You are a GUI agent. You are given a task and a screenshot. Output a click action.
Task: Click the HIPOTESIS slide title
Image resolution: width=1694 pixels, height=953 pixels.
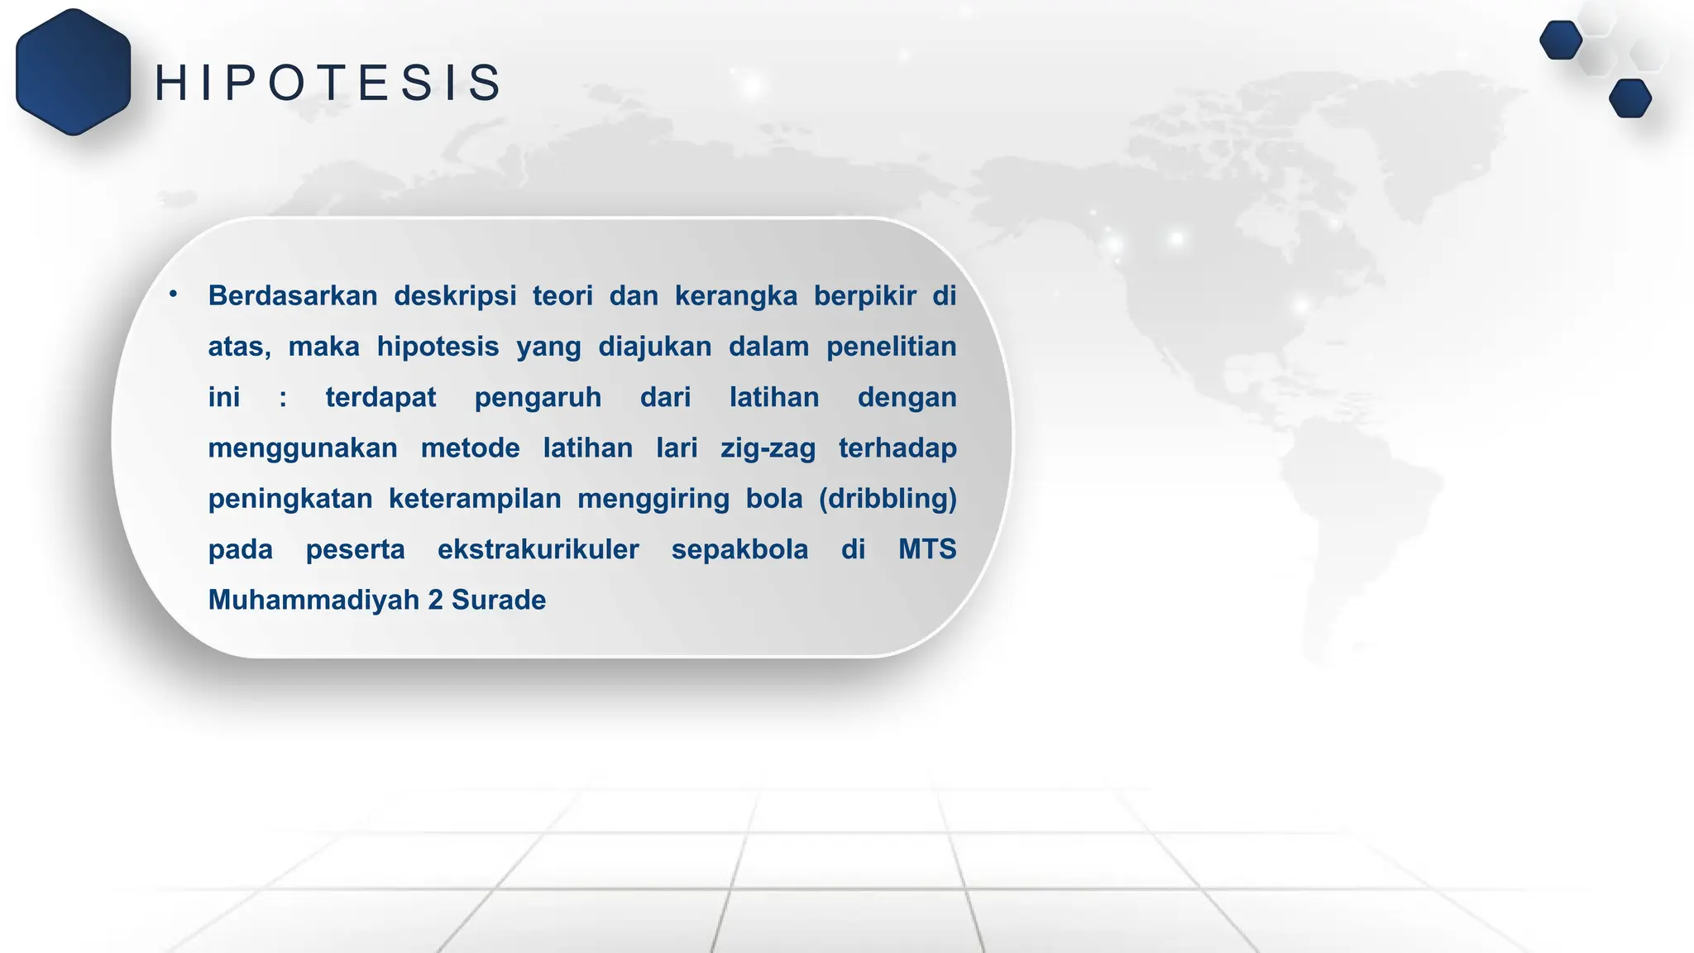pyautogui.click(x=328, y=84)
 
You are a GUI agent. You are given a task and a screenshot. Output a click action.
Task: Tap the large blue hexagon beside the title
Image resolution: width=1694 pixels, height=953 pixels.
pyautogui.click(x=73, y=72)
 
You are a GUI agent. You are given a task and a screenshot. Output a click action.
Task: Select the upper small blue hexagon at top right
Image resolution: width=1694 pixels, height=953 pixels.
pyautogui.click(x=1561, y=40)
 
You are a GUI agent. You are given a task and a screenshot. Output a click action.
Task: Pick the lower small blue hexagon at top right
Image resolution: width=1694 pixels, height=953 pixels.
pyautogui.click(x=1629, y=98)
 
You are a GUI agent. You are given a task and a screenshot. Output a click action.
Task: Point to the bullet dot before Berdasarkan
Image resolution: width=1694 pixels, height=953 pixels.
pyautogui.click(x=173, y=294)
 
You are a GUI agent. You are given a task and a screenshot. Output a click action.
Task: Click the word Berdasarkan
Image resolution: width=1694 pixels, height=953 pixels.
pyautogui.click(x=293, y=295)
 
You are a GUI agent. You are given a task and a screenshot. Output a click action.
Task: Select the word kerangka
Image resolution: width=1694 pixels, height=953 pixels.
pyautogui.click(x=735, y=295)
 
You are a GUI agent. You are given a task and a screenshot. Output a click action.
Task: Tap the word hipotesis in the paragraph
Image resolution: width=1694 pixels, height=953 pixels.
pyautogui.click(x=438, y=346)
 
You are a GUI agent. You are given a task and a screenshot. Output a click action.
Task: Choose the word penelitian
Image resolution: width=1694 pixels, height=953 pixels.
pyautogui.click(x=891, y=346)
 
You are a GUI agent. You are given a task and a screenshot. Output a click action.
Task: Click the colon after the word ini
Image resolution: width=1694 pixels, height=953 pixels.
pyautogui.click(x=283, y=398)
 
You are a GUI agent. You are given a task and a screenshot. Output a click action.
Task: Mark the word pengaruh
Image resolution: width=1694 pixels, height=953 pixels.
pyautogui.click(x=538, y=398)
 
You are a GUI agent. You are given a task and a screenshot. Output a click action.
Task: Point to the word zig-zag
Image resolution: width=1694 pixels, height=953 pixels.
pyautogui.click(x=768, y=448)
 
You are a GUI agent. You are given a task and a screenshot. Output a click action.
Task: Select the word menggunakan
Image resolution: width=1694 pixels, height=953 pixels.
pyautogui.click(x=303, y=448)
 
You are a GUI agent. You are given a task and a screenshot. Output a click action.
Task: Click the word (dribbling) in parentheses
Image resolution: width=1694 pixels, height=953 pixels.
pyautogui.click(x=888, y=499)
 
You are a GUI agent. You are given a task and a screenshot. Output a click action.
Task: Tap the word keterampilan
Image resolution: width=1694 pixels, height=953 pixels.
pyautogui.click(x=475, y=499)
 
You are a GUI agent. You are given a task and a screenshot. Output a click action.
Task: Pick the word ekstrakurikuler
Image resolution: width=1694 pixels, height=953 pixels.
pyautogui.click(x=538, y=549)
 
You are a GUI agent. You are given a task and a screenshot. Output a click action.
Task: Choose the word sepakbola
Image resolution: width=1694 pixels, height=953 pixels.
pyautogui.click(x=739, y=549)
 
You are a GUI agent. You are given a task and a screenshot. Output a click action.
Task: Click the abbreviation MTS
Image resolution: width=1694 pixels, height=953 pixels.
pyautogui.click(x=927, y=549)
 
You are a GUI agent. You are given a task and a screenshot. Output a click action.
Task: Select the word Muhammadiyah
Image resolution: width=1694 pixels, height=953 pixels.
pyautogui.click(x=313, y=600)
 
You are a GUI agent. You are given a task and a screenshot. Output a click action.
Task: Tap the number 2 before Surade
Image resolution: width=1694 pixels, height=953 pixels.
pyautogui.click(x=435, y=600)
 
